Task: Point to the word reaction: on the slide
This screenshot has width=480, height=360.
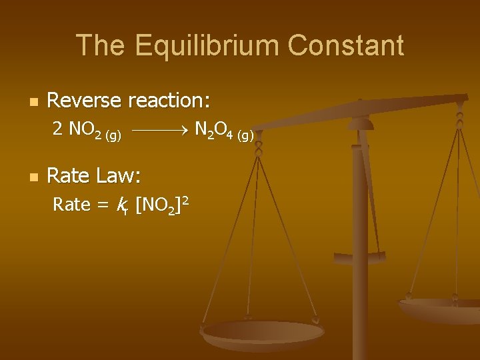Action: point(169,101)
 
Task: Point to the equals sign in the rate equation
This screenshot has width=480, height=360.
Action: point(102,205)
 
